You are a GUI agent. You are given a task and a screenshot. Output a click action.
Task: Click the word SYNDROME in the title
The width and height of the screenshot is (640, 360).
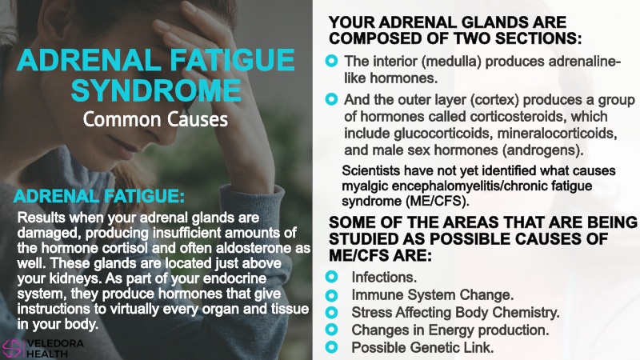pos(156,90)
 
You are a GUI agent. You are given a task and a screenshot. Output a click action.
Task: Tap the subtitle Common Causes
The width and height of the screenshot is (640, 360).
pos(155,119)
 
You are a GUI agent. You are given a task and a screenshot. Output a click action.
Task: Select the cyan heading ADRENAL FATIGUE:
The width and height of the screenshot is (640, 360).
pos(98,196)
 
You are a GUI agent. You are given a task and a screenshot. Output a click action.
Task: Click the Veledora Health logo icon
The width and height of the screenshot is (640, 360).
pos(11,350)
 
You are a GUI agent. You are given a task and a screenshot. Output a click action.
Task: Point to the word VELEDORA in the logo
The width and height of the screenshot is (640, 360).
pos(55,344)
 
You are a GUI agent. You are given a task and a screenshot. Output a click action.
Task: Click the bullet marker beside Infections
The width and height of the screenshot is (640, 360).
pos(331,277)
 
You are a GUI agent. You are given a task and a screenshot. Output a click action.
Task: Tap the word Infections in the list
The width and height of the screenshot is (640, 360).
pos(384,278)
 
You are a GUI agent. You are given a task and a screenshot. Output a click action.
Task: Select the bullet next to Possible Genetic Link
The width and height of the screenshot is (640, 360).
pos(331,347)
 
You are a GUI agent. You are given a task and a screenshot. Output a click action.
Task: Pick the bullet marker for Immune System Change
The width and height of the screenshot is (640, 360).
pos(331,294)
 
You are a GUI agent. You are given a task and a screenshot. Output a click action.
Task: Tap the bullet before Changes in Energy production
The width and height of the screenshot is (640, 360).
pos(331,330)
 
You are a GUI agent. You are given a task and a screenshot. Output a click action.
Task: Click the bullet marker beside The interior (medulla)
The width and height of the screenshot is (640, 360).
pos(331,62)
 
